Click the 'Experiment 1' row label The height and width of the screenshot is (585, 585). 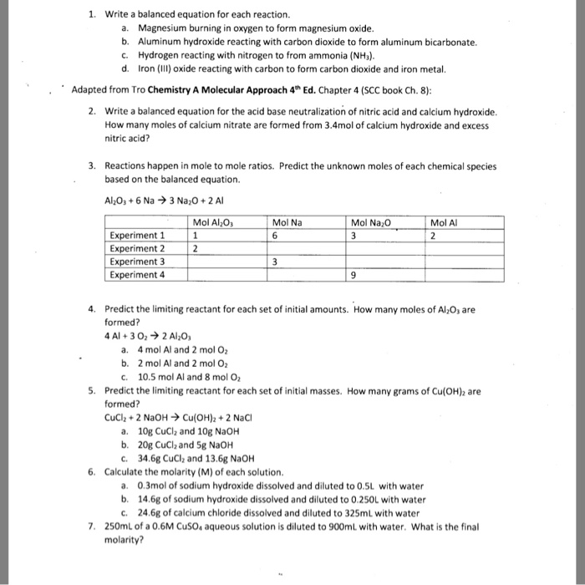[137, 236]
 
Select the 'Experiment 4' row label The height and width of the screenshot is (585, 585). [137, 273]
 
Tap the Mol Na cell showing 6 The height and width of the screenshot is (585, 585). [275, 236]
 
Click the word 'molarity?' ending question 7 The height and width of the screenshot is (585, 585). [124, 539]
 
